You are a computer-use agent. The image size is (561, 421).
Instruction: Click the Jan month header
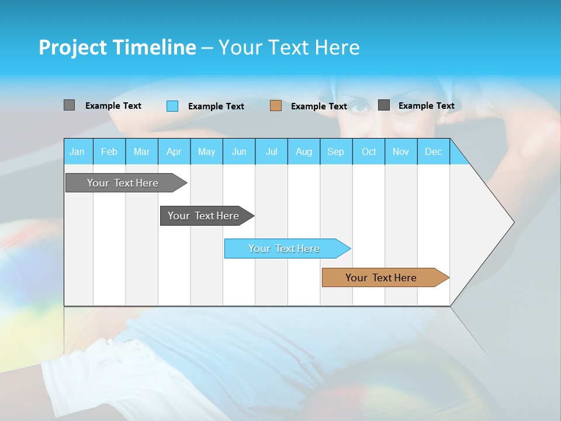[77, 151]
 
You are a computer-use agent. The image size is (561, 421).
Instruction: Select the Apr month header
[174, 151]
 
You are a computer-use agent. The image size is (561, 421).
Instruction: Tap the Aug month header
[303, 151]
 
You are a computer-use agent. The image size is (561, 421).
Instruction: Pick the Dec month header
[433, 151]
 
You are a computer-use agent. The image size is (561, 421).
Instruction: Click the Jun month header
[239, 151]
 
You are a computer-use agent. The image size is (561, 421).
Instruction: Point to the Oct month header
[369, 151]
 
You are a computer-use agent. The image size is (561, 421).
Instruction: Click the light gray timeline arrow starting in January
[123, 183]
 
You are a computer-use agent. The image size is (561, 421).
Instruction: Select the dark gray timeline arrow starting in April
[204, 216]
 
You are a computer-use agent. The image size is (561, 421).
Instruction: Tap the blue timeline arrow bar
[285, 249]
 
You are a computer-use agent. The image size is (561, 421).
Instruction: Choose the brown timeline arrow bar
[382, 278]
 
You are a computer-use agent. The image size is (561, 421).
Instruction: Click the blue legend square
[172, 106]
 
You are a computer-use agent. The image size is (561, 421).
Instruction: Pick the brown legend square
[276, 105]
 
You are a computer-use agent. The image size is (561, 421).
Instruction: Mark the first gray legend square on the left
[69, 105]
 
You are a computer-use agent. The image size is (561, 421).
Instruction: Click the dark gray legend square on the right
[384, 105]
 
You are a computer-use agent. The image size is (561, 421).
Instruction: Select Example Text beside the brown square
[318, 106]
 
